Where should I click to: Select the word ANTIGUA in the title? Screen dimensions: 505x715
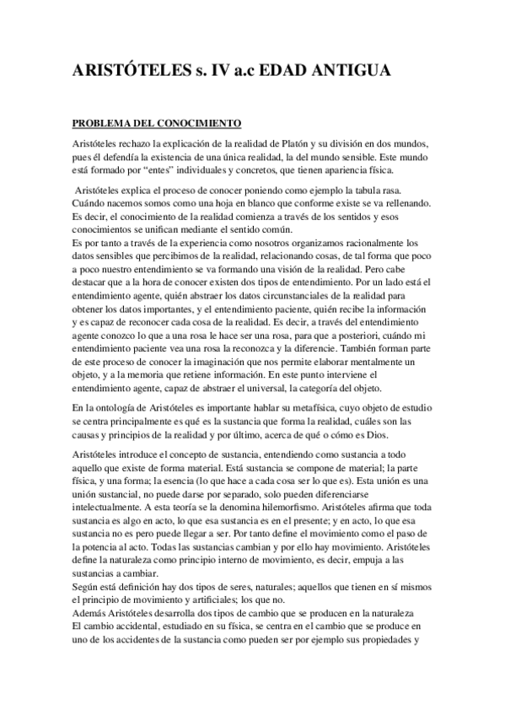[x=351, y=74]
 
